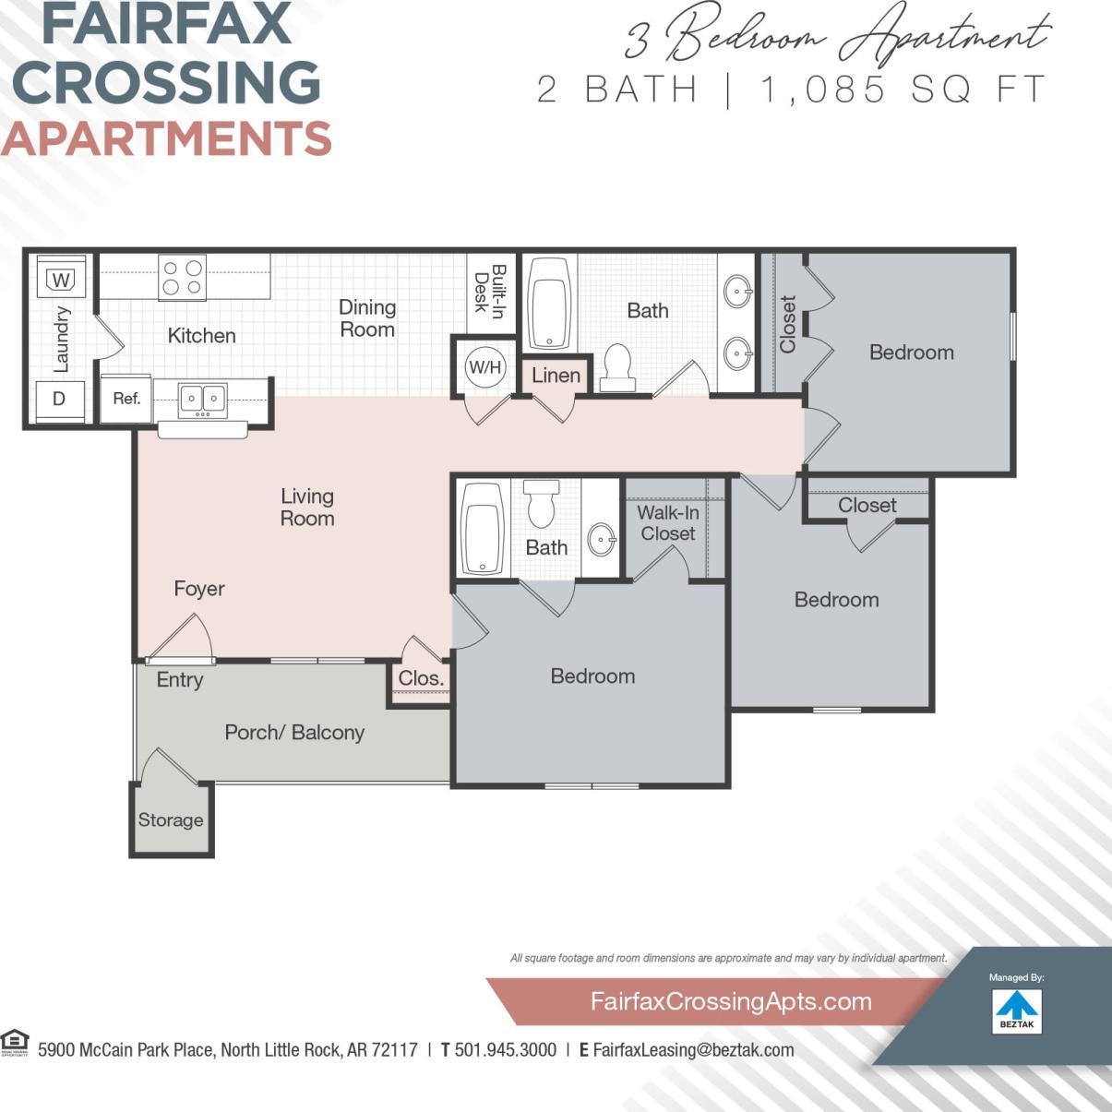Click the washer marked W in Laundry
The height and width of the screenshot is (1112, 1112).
tap(61, 279)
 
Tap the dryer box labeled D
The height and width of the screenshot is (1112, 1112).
tap(59, 400)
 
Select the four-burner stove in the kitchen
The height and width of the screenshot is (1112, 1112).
tap(182, 278)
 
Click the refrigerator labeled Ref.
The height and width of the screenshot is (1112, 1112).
tap(126, 399)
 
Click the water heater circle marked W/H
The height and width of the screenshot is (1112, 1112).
tap(484, 367)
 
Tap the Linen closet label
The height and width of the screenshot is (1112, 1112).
tap(556, 376)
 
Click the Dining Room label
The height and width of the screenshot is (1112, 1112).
tap(367, 318)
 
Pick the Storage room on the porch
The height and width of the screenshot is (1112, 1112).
tap(171, 819)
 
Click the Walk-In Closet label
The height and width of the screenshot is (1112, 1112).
tap(668, 523)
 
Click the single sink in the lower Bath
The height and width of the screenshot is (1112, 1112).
tap(602, 538)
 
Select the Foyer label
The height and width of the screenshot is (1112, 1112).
tap(199, 589)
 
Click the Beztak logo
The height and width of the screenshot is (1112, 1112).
tap(1017, 1010)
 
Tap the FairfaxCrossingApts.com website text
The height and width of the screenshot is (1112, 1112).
tap(730, 1001)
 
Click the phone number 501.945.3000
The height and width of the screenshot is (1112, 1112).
tap(506, 1050)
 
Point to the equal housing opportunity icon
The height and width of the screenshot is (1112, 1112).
tap(15, 1042)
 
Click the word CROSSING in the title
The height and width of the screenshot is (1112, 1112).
tap(167, 83)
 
